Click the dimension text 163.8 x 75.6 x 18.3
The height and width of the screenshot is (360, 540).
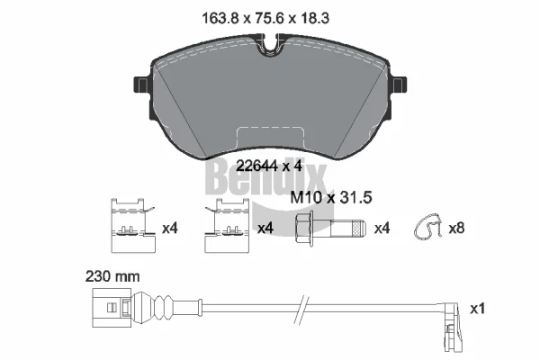[x=265, y=18]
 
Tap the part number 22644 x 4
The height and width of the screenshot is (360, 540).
[x=268, y=166]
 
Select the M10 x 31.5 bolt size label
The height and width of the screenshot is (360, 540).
[x=331, y=198]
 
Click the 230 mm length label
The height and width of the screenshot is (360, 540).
[x=112, y=276]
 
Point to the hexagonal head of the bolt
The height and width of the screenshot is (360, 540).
[x=304, y=229]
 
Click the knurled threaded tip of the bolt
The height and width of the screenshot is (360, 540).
[x=358, y=229]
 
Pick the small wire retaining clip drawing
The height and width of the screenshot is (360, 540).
[x=427, y=226]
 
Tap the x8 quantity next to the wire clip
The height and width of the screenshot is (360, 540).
[x=456, y=228]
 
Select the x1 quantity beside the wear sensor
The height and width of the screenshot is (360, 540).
[x=478, y=309]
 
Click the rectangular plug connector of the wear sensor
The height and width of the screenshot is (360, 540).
[x=112, y=307]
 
